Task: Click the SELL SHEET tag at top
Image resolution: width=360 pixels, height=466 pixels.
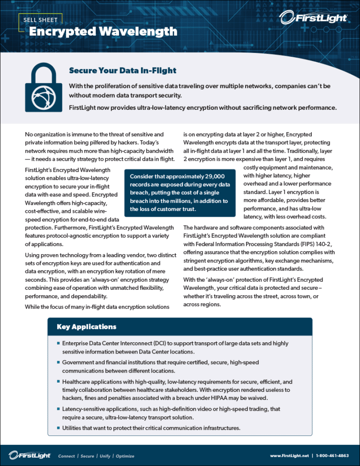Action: [37, 21]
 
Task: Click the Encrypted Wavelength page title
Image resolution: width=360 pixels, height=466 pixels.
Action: [103, 32]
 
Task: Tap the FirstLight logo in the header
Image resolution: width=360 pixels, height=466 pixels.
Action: [313, 18]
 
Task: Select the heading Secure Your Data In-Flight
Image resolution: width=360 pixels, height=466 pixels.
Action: [122, 71]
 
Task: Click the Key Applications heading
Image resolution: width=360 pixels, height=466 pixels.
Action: [86, 326]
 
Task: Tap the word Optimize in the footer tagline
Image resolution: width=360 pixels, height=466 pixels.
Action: [125, 456]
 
